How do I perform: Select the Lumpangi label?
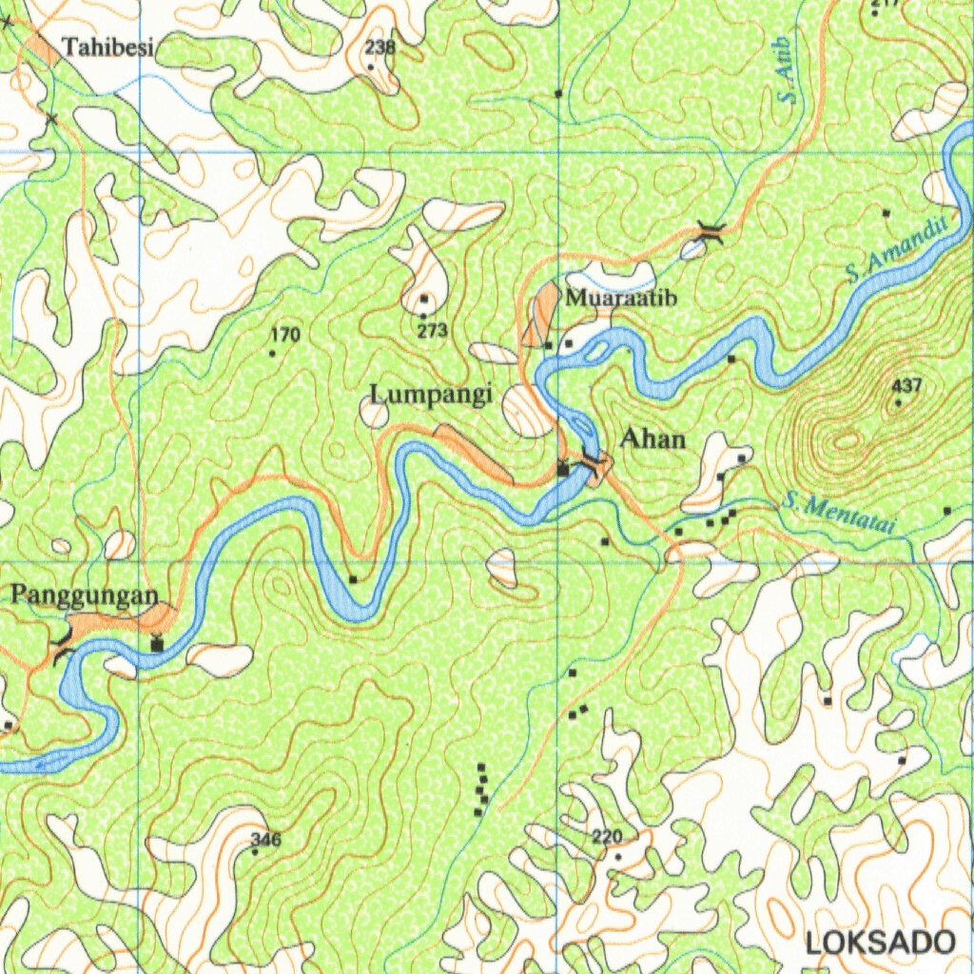point(431,393)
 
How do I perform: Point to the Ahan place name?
point(653,438)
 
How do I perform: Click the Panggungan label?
point(84,595)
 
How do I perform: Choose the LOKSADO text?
point(880,942)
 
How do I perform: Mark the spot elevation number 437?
point(907,386)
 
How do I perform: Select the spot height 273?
point(433,330)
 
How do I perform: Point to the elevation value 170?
point(284,335)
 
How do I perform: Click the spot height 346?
point(266,839)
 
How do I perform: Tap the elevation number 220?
point(607,837)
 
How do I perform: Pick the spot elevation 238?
point(380,47)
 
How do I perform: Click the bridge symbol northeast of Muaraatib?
point(710,230)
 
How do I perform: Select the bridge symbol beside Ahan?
point(594,462)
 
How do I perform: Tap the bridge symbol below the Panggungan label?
point(64,643)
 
